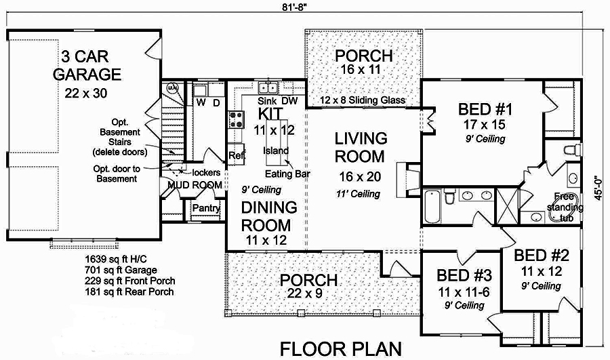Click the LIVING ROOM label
361,148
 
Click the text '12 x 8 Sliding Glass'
363,101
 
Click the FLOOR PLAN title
341,348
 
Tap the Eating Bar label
292,174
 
